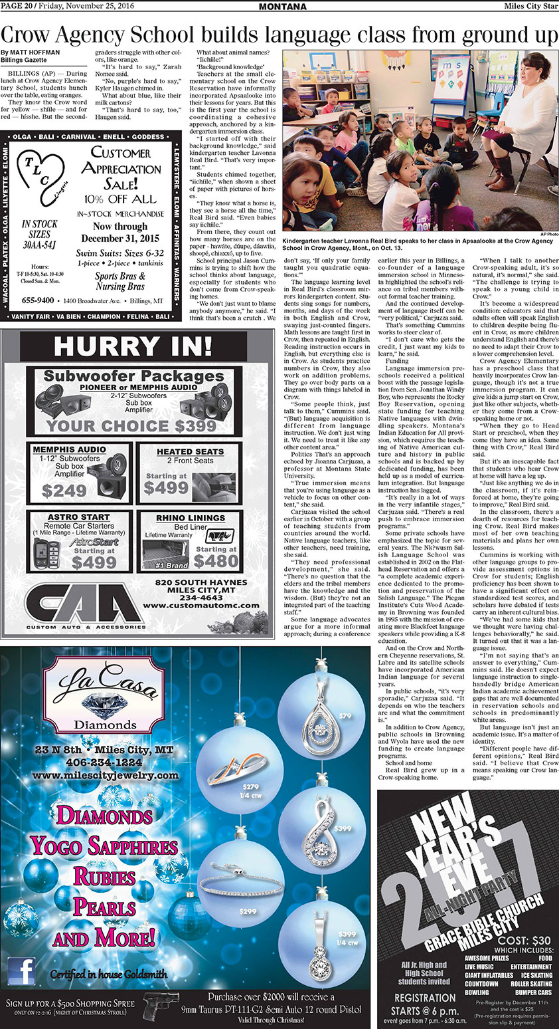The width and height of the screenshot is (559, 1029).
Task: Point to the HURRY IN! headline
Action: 133,347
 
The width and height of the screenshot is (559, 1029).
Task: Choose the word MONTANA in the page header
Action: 282,7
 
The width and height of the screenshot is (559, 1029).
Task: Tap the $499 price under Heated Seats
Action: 166,488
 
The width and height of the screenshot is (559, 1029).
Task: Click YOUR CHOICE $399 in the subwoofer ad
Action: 131,425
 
